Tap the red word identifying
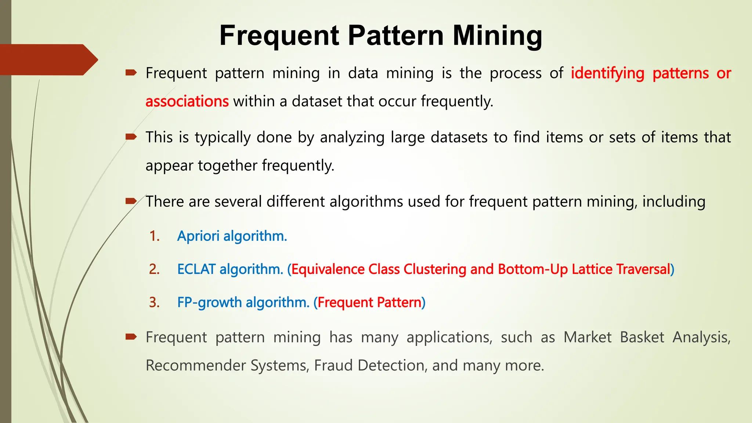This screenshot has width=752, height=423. tap(607, 73)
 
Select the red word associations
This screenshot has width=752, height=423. tap(187, 101)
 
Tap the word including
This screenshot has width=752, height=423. tap(673, 202)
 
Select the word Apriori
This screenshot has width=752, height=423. tap(198, 236)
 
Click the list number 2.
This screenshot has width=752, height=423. tap(154, 269)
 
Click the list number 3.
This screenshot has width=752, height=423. tap(154, 303)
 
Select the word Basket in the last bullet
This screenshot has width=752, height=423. tap(642, 337)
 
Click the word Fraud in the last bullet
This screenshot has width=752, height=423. tap(333, 365)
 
